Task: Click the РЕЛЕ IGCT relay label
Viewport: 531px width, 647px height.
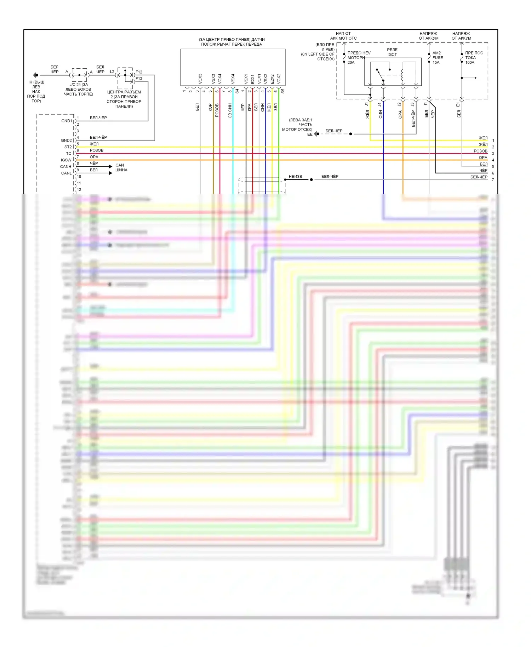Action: [392, 52]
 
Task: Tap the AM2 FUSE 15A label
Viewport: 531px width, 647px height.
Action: [438, 58]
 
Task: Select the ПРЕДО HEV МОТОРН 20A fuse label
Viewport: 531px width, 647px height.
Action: [359, 58]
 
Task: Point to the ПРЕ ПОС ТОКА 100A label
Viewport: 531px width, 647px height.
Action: [474, 58]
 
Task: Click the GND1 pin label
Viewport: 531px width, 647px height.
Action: [67, 121]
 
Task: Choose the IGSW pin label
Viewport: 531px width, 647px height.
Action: [66, 160]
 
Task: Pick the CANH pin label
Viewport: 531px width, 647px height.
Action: [66, 167]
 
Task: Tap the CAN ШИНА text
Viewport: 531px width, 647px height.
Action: [121, 168]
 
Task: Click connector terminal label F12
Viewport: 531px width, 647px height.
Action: [139, 72]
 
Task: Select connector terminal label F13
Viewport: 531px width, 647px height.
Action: [139, 79]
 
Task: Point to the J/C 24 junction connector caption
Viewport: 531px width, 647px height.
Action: [79, 90]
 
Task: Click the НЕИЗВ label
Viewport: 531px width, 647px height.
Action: [295, 177]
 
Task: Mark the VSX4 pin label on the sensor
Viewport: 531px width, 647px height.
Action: [233, 79]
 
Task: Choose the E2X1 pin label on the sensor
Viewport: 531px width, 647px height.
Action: [253, 79]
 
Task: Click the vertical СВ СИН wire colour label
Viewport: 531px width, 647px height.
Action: [230, 110]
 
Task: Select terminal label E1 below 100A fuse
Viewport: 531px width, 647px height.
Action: [458, 105]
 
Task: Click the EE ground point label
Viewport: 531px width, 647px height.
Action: [310, 134]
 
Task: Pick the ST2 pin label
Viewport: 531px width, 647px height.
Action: [68, 147]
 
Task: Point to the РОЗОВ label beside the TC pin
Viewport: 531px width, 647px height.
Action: [97, 150]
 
